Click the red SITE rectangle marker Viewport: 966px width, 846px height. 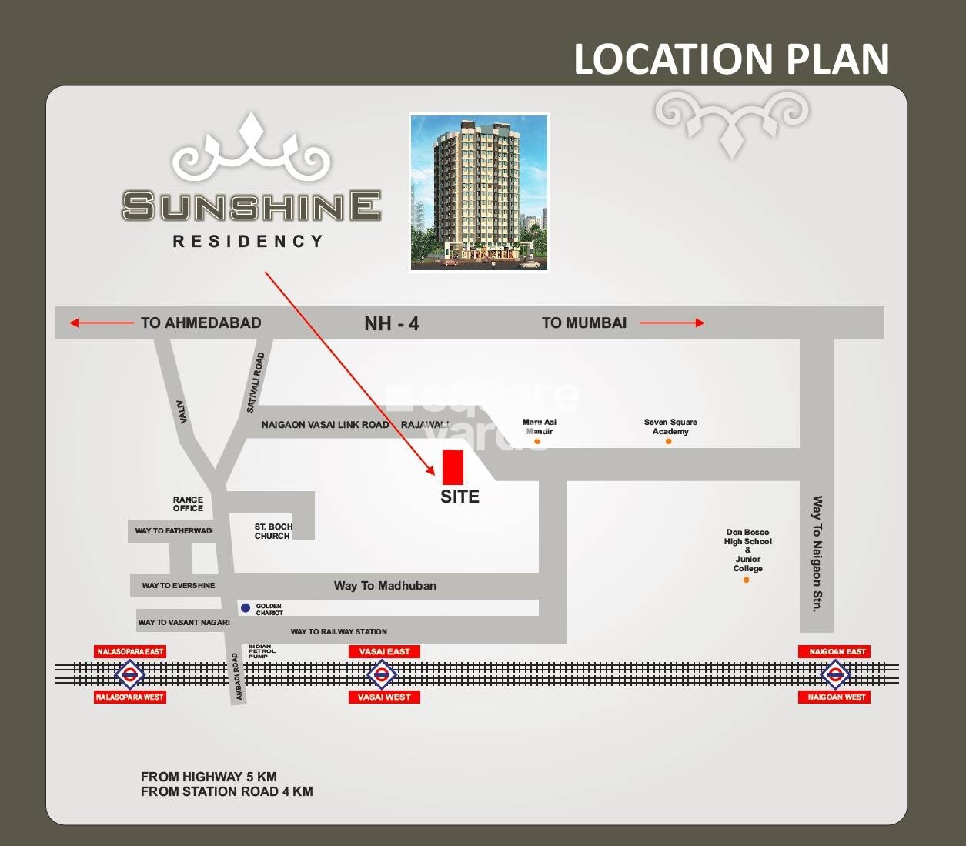tap(453, 467)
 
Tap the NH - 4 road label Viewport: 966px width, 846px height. tap(391, 323)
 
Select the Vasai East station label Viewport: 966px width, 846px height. tap(384, 651)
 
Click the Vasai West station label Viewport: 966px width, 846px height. tap(384, 697)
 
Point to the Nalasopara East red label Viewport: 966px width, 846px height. tap(130, 651)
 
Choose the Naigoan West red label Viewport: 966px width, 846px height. tap(836, 697)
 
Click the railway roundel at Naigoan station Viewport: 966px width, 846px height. tap(835, 675)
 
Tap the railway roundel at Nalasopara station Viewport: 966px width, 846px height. tap(129, 675)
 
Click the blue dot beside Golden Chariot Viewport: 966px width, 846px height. tap(246, 608)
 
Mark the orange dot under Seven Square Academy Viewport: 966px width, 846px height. tap(668, 441)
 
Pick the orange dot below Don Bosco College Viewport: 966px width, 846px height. tap(746, 580)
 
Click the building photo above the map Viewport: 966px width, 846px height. tap(479, 192)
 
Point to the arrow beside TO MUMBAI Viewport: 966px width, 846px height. tap(672, 323)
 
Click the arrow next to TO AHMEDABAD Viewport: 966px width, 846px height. tap(101, 323)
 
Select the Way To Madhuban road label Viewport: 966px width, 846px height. tap(385, 586)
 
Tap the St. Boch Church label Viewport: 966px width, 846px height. tap(273, 531)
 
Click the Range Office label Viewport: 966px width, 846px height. tap(188, 504)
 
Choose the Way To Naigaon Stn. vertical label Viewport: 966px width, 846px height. tap(817, 553)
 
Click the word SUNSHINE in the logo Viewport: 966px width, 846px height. tap(251, 206)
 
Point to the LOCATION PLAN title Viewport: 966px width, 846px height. tap(731, 59)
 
